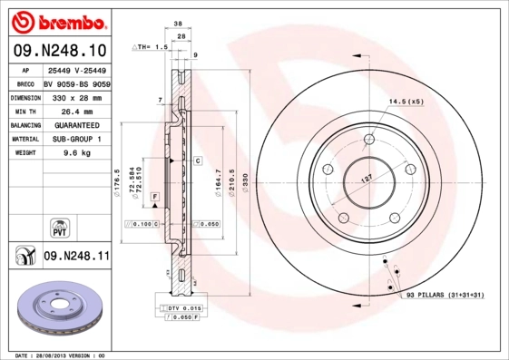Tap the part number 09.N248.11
76,257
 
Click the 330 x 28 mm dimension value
75,95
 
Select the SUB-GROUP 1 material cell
75,139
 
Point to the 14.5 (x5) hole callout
406,101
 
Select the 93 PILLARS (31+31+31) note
445,295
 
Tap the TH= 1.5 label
152,45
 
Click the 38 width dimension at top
180,25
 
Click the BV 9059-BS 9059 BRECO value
75,82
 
